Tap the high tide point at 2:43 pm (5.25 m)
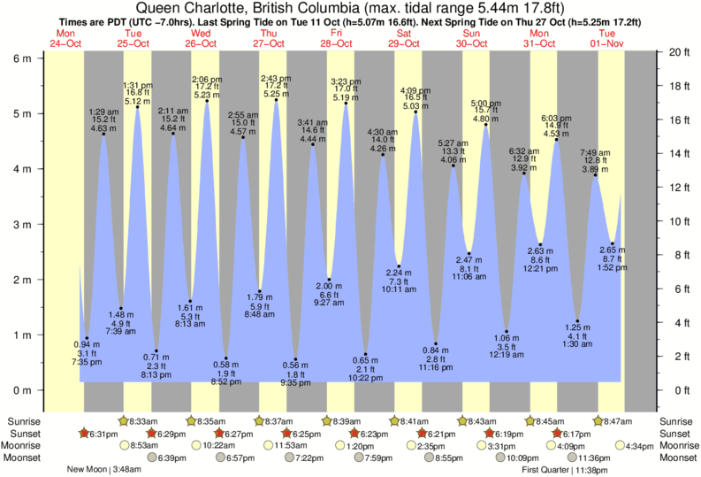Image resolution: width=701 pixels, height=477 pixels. [x=277, y=100]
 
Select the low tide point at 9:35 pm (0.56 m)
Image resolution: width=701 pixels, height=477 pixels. [x=295, y=359]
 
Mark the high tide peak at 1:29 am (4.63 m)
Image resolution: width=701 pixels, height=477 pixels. [x=103, y=135]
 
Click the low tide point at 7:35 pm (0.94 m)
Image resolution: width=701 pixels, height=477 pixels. [x=86, y=338]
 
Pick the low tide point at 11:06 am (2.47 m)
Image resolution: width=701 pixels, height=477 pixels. [x=469, y=254]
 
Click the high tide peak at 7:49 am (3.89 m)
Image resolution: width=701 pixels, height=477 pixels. [x=596, y=175]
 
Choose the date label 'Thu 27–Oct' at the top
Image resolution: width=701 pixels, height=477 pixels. [x=269, y=38]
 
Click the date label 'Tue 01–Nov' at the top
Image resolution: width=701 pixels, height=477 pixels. [x=607, y=38]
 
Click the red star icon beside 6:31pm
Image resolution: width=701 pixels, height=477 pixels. [x=84, y=434]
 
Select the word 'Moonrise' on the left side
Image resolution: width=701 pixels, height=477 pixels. [x=24, y=446]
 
